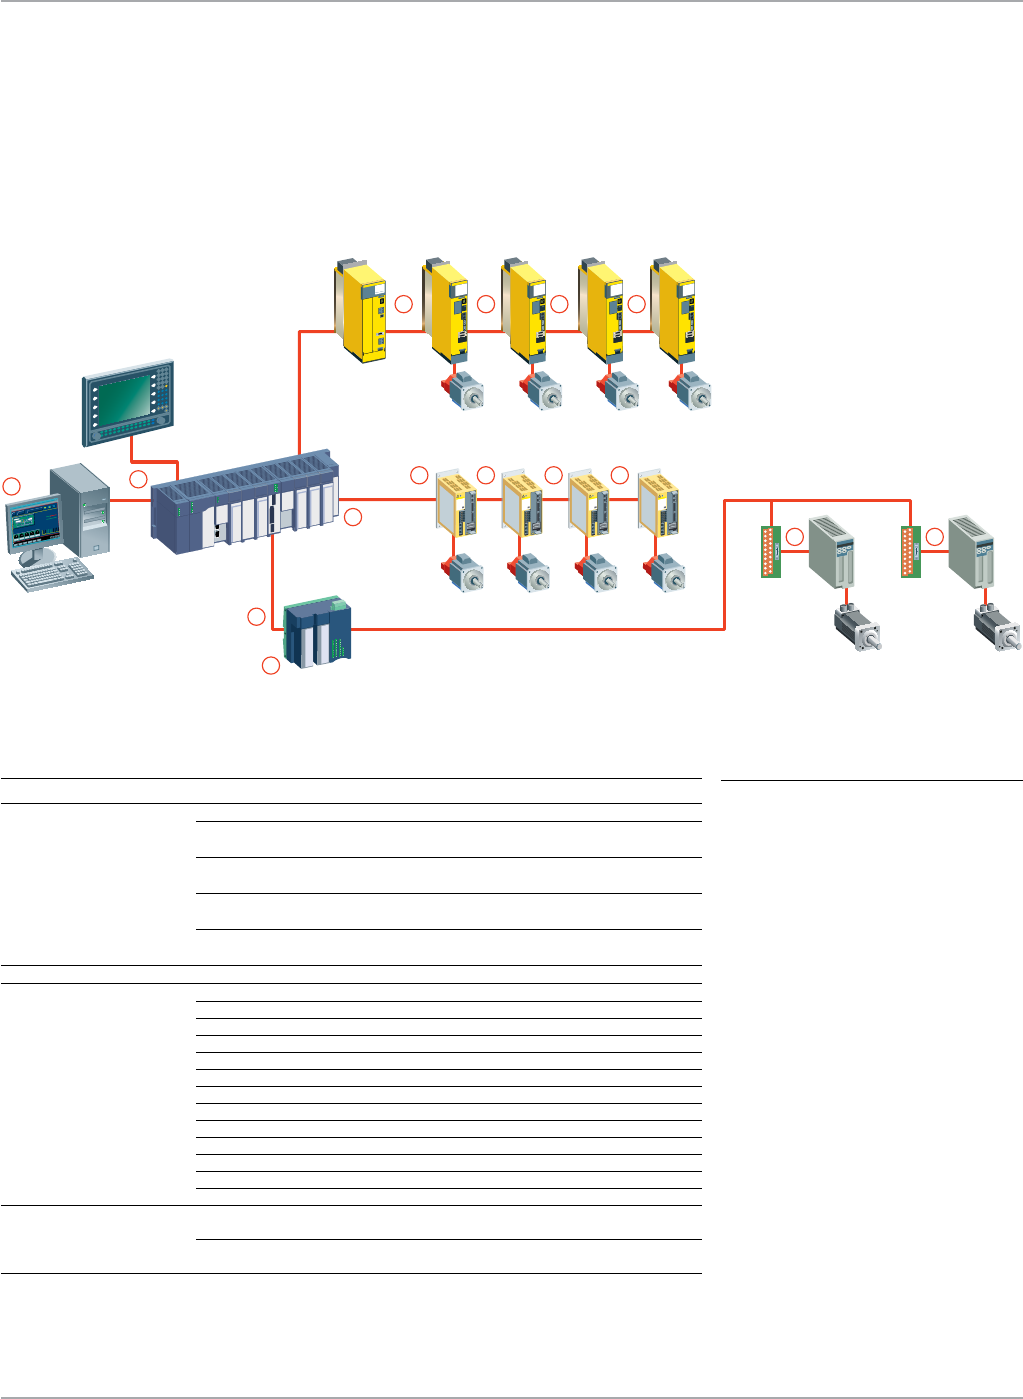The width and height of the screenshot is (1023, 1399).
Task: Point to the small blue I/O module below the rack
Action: point(319,632)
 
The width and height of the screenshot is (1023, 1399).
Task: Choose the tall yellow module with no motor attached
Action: point(361,311)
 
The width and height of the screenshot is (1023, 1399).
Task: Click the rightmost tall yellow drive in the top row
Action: point(674,312)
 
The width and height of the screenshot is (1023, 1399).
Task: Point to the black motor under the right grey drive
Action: point(997,631)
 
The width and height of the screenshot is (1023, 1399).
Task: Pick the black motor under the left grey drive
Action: point(857,629)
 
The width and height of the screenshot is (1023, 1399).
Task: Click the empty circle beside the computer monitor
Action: point(11,486)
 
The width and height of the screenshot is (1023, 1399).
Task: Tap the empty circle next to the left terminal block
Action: point(795,537)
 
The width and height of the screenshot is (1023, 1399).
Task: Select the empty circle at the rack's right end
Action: point(353,517)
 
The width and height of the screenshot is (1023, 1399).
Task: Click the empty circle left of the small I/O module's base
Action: point(270,665)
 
